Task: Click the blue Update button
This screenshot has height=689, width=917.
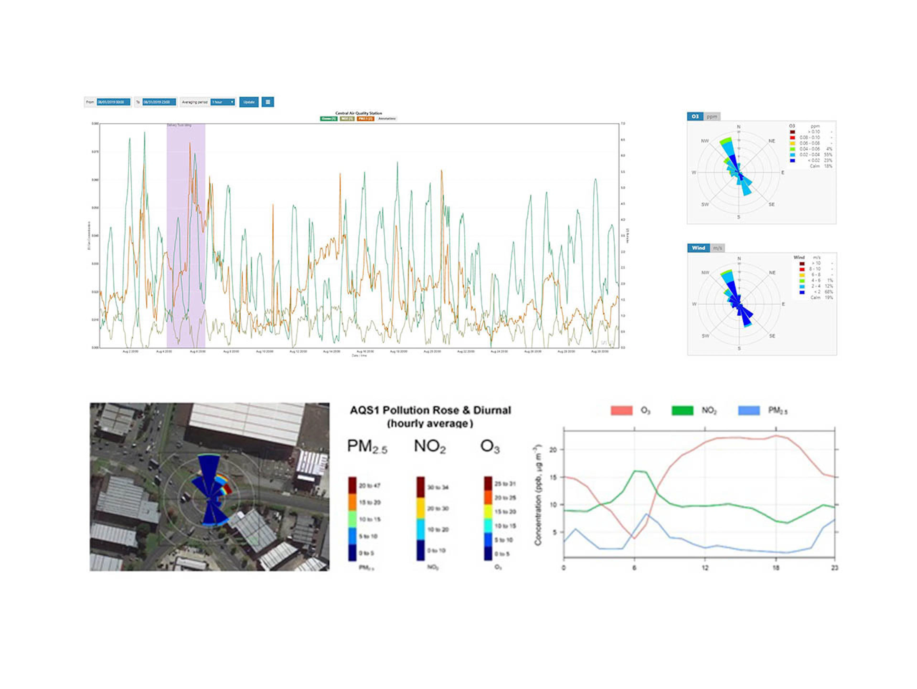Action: [249, 102]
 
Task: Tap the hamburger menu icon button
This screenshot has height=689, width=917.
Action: [267, 102]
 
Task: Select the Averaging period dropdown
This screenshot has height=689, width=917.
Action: [223, 102]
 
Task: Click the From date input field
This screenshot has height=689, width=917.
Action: [113, 102]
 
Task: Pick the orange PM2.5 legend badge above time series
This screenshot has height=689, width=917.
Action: [365, 119]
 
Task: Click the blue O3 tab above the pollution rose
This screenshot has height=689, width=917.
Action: [695, 117]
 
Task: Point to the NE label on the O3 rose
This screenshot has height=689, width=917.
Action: [772, 141]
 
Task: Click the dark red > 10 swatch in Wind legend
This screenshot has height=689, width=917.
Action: [802, 263]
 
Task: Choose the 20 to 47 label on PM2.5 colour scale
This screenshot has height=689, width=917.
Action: [369, 485]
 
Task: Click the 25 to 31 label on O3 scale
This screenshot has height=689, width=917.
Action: [505, 484]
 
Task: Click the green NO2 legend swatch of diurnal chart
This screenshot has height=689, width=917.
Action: [682, 410]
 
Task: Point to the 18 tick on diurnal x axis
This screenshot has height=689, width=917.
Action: [776, 567]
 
